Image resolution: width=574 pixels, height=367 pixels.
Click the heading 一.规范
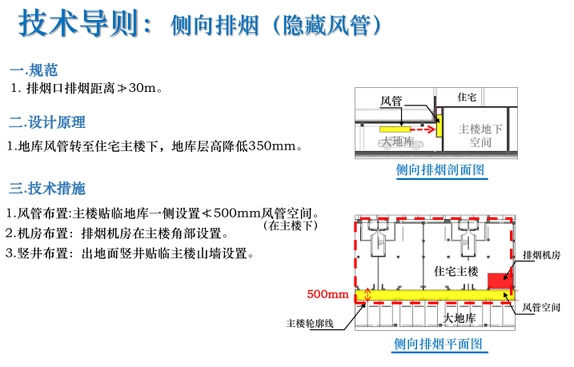point(34,70)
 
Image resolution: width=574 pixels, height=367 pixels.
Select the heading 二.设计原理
point(47,122)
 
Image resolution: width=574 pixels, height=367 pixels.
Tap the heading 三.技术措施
point(47,189)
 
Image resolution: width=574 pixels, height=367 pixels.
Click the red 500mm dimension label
point(328,294)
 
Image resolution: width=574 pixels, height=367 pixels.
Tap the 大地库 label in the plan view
point(460,317)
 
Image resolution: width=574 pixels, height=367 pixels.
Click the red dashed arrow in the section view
point(421,126)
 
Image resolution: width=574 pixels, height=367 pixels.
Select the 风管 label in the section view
point(391,102)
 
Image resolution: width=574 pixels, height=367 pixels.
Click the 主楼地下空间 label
point(480,134)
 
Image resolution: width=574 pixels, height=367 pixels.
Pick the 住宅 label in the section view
point(467,97)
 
